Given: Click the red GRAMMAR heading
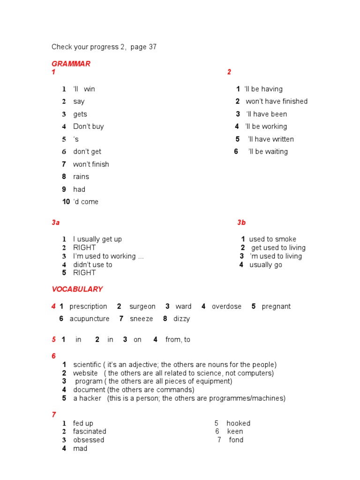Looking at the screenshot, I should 71,64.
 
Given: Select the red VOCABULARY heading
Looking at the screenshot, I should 77,289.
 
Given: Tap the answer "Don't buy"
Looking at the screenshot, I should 89,127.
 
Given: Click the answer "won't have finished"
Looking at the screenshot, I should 277,101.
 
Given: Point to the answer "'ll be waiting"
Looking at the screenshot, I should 268,151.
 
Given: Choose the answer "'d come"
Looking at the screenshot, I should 86,202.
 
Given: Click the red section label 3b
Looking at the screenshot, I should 241,223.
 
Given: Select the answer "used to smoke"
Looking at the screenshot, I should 272,239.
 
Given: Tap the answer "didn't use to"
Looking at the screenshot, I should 92,264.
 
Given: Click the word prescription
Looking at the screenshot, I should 88,307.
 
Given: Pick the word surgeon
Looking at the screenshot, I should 142,307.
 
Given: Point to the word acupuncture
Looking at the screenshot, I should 90,319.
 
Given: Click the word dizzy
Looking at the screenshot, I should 182,319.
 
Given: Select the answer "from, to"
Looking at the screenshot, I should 178,340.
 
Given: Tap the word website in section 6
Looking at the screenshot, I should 85,373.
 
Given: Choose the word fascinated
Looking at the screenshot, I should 90,431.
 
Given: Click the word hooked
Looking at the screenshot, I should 238,423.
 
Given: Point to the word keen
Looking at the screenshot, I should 235,431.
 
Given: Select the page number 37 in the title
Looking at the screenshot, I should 152,47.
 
